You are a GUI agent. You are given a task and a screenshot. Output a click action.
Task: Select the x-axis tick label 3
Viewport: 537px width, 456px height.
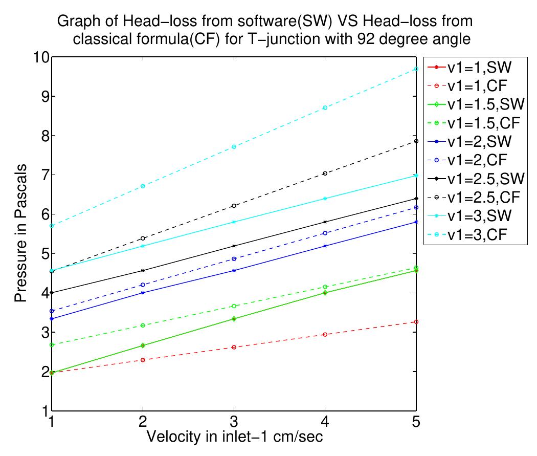point(234,423)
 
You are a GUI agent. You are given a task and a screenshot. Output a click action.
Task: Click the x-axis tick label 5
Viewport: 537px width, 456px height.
point(416,423)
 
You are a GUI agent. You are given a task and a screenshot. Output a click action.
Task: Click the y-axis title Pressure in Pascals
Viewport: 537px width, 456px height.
point(20,234)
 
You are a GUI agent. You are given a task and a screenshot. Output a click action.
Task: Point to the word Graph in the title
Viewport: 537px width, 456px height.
point(75,22)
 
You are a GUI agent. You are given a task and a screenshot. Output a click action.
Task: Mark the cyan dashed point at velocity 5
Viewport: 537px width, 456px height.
point(416,69)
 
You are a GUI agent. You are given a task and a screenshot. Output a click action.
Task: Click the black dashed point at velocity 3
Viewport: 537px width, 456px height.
point(234,206)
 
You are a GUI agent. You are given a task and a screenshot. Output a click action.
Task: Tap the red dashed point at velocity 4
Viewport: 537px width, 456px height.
point(325,334)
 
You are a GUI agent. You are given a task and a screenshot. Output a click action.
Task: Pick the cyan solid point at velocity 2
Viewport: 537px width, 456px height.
point(143,246)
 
